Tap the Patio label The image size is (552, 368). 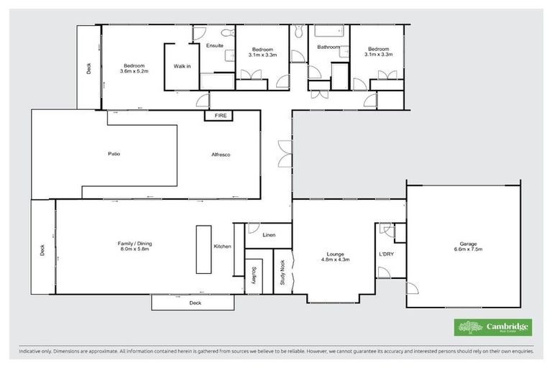[114, 155]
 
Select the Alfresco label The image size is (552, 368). [221, 155]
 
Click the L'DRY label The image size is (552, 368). [386, 254]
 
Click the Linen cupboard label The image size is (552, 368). [270, 235]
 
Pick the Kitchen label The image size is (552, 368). [222, 247]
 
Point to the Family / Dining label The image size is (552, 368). [135, 247]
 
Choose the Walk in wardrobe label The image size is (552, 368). [182, 66]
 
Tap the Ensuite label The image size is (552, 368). [215, 46]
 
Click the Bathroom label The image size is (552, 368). [329, 47]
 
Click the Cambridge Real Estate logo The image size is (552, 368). [493, 327]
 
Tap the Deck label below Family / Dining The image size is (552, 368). [195, 303]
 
